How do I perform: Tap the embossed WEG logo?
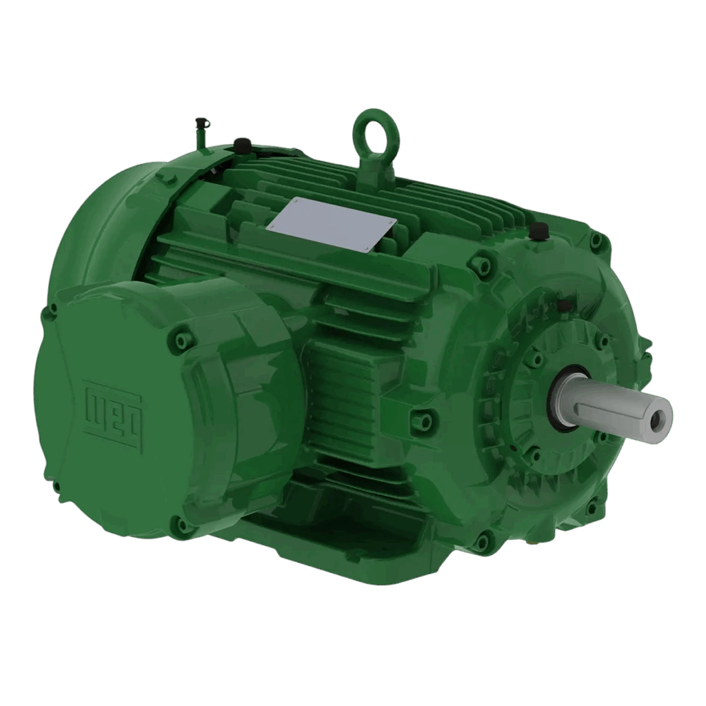[x=112, y=408]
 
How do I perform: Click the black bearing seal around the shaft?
[x=560, y=399]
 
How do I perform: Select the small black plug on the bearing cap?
[x=564, y=304]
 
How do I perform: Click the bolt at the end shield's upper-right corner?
[x=597, y=241]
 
